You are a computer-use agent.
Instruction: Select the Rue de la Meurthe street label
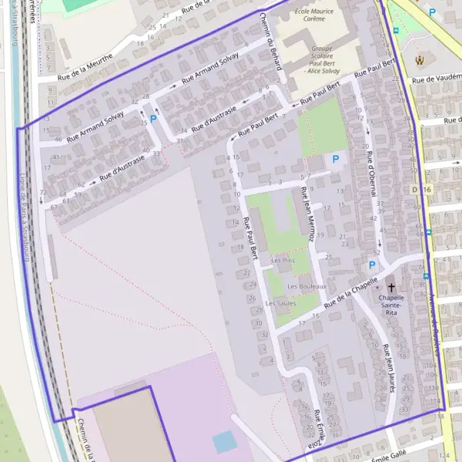tap(85, 65)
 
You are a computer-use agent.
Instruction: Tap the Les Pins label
tap(283, 261)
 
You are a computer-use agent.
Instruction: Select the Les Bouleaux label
tap(306, 286)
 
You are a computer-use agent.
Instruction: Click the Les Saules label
tap(280, 303)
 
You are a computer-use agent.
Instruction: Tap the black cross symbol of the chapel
tap(391, 286)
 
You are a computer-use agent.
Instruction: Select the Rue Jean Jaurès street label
tap(389, 368)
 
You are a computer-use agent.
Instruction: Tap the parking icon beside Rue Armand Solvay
tap(152, 119)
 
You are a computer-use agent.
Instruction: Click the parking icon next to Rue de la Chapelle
tap(373, 265)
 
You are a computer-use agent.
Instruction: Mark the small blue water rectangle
tap(224, 442)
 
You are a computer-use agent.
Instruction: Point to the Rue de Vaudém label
tap(436, 79)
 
